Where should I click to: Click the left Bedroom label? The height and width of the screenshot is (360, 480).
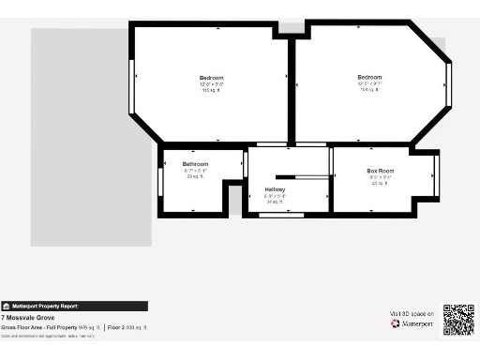[211, 77]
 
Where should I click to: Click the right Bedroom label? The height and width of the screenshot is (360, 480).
[369, 77]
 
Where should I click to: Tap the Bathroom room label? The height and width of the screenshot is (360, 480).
[195, 164]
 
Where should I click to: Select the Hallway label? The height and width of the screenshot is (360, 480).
[275, 189]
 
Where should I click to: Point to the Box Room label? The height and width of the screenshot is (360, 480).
[380, 171]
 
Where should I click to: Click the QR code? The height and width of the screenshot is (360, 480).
[458, 320]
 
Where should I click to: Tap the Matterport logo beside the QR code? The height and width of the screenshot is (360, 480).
[412, 323]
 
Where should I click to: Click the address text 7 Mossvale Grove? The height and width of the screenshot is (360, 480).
[25, 318]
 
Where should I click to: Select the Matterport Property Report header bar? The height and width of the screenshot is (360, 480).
[74, 306]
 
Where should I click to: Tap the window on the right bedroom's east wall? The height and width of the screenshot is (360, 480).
[449, 83]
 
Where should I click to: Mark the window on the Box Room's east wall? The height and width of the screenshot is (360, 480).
[436, 172]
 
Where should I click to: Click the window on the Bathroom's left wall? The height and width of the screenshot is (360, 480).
[160, 181]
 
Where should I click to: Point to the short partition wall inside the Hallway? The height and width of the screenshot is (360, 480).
[290, 175]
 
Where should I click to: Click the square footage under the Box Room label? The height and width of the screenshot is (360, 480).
[379, 183]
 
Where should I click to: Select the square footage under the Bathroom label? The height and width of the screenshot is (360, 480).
[195, 176]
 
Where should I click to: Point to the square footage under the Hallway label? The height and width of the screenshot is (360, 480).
[275, 202]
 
